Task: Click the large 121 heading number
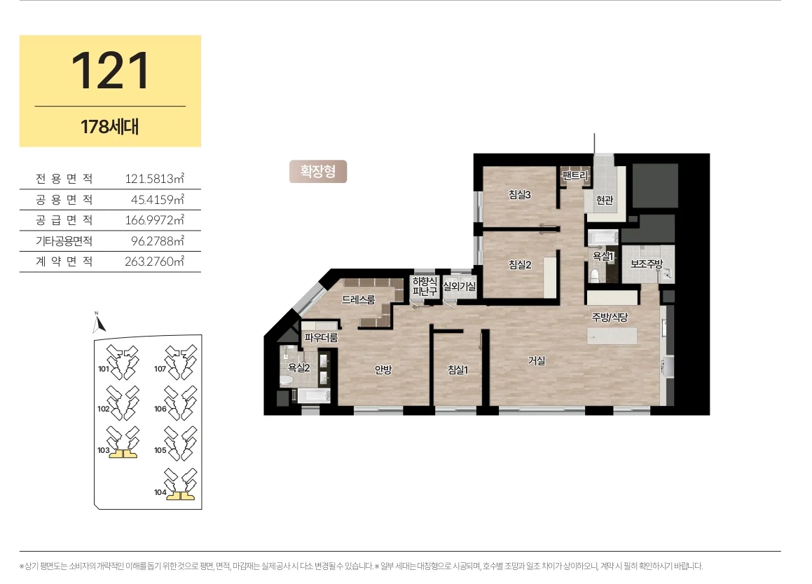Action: coord(110,71)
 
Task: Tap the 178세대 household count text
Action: coord(110,127)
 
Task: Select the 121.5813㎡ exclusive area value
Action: coord(154,179)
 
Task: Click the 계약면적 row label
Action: coord(64,262)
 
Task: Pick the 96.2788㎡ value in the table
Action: coord(158,241)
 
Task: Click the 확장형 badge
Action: coord(318,172)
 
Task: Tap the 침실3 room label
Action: coord(519,195)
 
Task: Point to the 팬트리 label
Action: coord(575,176)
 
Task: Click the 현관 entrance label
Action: coord(605,200)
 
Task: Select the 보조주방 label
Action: coord(646,264)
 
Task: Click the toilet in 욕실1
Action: coord(595,275)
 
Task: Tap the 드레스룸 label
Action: coord(358,299)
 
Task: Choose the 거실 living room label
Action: coord(537,360)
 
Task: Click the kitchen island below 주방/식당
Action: coord(612,336)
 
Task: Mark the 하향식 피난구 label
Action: coord(425,286)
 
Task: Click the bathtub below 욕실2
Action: coord(314,396)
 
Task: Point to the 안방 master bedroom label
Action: coord(383,369)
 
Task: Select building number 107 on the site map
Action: coord(160,369)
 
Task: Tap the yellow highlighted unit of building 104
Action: coord(180,496)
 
